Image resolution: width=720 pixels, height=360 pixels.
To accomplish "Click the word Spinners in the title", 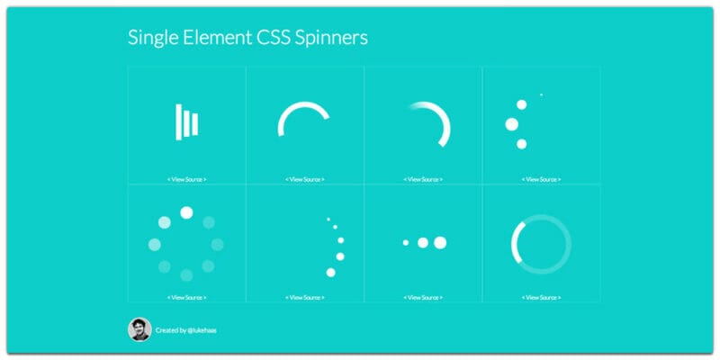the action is pos(331,38).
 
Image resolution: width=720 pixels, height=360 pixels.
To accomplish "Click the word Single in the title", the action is pos(153,38).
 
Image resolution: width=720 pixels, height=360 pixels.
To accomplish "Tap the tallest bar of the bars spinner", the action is pos(178,122).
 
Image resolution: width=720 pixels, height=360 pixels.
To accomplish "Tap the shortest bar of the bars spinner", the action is pos(195,124).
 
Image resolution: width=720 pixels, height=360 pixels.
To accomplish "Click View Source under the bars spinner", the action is pos(187,179).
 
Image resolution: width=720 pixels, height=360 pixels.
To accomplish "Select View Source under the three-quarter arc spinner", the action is pos(305,179).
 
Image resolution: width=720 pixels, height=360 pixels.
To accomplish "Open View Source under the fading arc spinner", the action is pos(423,179).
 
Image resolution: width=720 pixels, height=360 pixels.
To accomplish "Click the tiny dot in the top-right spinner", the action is pos(542,94).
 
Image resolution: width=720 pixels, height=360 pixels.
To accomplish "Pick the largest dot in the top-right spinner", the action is pos(511,124).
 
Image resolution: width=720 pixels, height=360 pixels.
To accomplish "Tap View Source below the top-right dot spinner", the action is pos(542,179).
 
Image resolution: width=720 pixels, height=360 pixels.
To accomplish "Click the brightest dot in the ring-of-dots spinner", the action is pos(186,212).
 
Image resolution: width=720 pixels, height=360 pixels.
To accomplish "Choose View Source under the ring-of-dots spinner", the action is pos(187,298).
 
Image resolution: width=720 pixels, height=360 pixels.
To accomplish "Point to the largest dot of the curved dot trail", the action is pos(330,273).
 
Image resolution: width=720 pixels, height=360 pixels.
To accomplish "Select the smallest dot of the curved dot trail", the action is pos(328,220).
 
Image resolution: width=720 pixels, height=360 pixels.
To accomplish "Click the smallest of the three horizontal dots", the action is pos(406,242).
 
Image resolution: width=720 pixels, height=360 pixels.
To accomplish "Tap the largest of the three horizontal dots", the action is pos(440,242).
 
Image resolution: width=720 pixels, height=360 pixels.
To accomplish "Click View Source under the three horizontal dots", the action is pos(423,298).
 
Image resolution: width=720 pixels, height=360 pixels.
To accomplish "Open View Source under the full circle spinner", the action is pos(542,298).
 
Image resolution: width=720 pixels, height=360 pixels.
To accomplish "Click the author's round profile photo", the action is pos(139,329).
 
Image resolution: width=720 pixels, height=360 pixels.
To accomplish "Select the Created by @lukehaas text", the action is pos(186,330).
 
